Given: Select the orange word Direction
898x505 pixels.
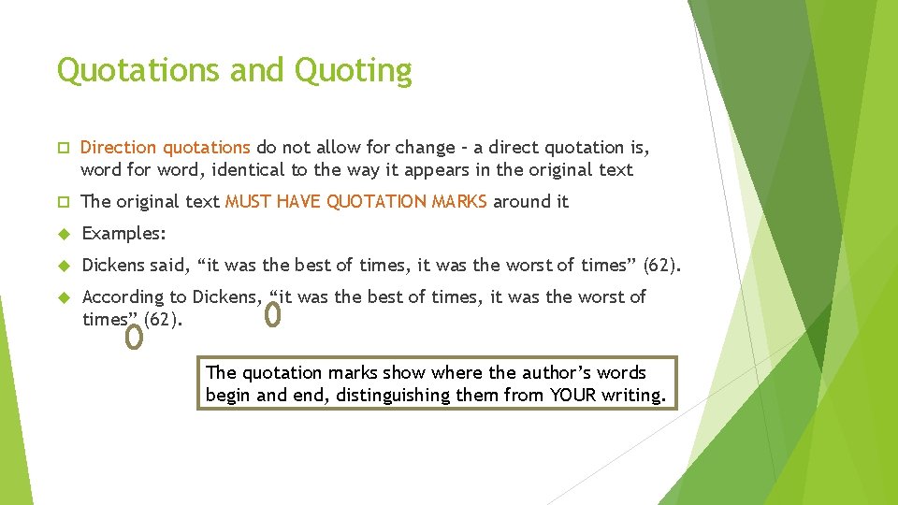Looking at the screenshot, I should click(x=119, y=147).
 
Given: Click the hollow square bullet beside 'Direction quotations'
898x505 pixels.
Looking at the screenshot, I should click(x=64, y=148).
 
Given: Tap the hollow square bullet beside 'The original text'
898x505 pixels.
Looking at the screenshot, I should click(x=64, y=202).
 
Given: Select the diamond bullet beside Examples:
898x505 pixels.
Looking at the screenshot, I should click(x=65, y=234).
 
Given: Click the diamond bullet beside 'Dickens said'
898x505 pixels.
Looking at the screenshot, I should click(x=65, y=266).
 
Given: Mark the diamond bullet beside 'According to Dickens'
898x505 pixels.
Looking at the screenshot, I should click(x=65, y=297).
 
